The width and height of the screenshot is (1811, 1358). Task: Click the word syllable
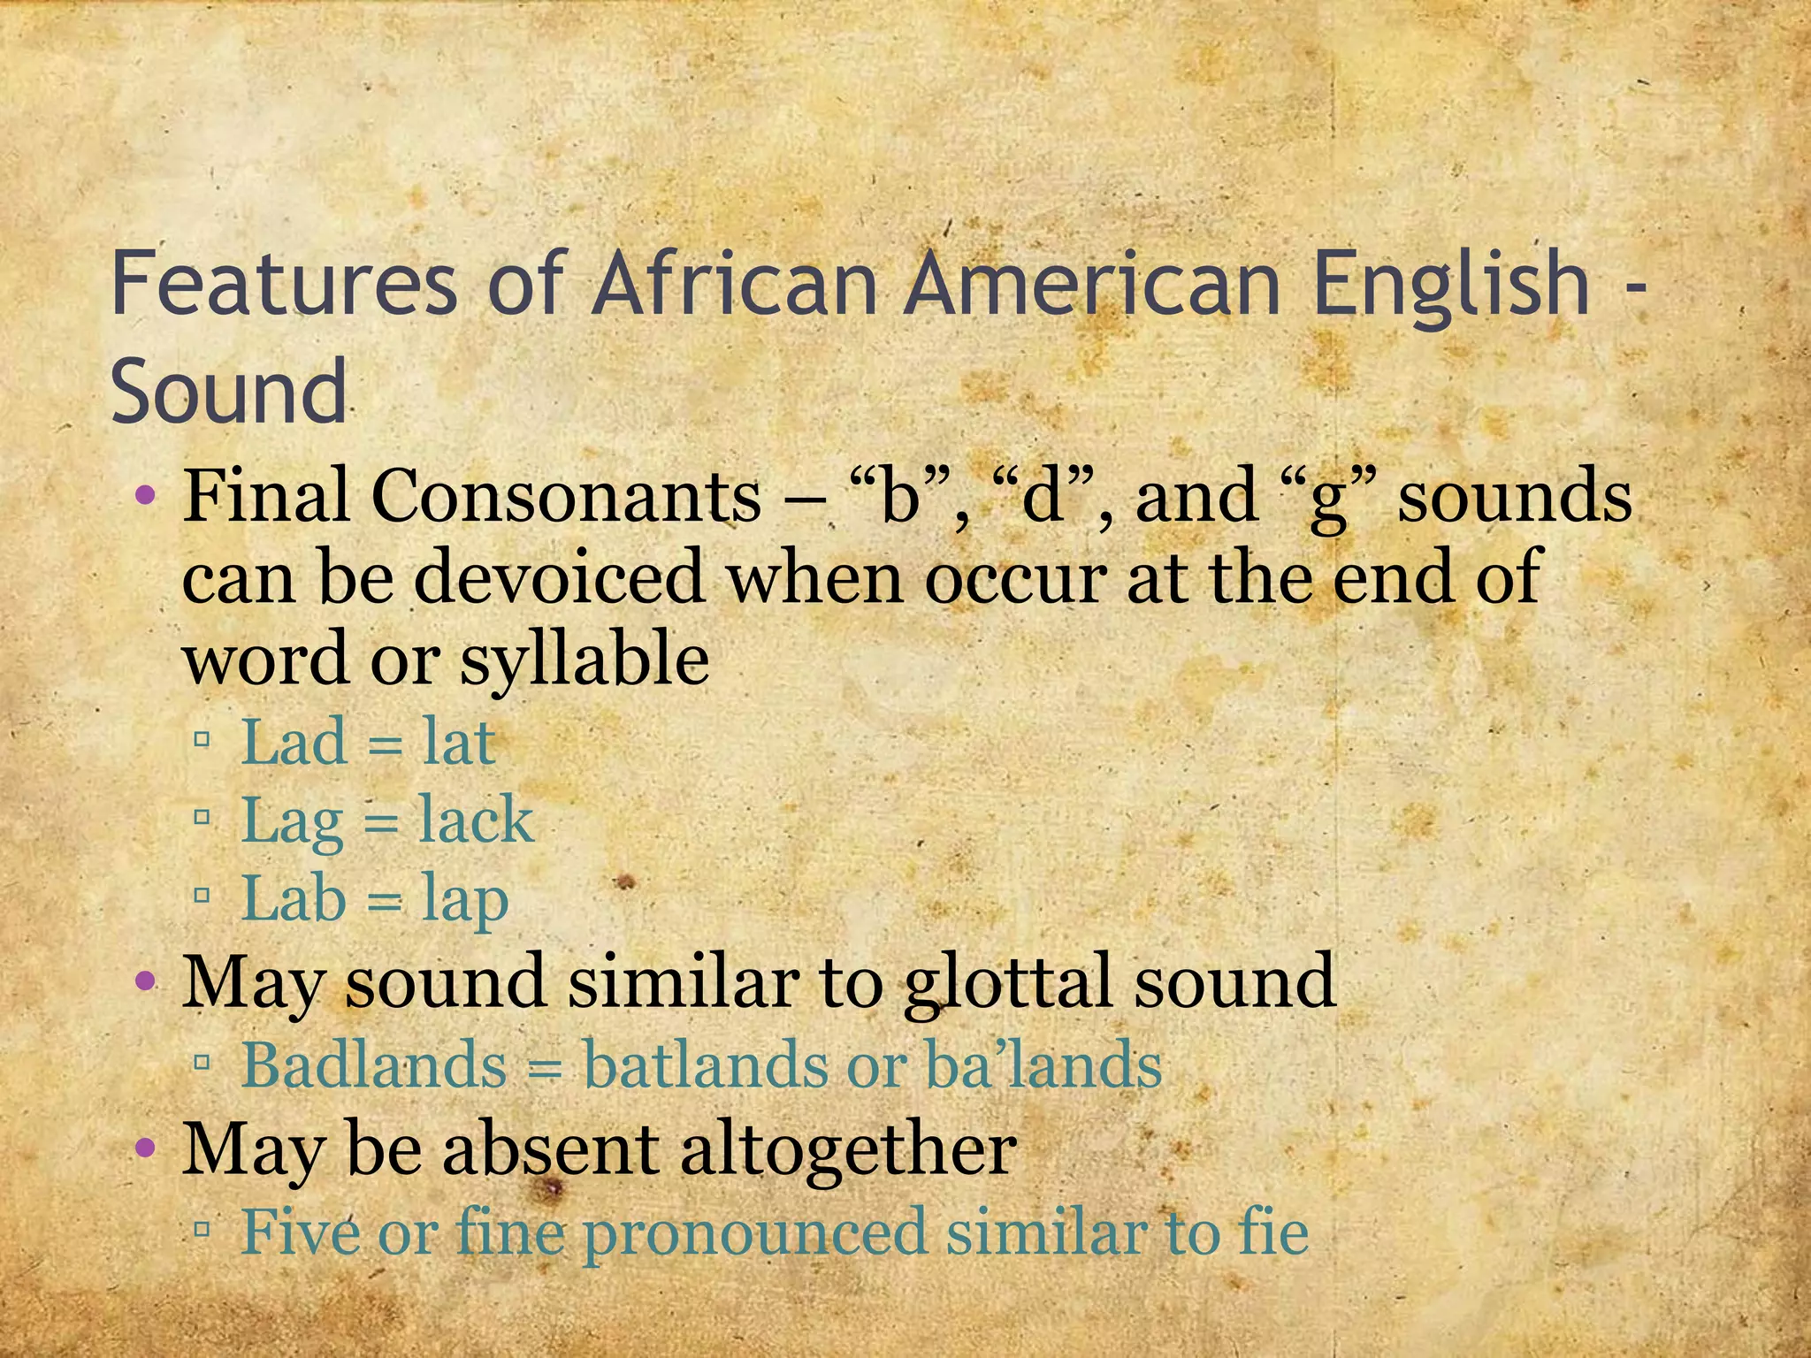(x=584, y=660)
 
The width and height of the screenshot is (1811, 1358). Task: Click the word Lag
(x=292, y=821)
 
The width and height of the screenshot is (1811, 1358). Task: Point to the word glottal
(x=1008, y=982)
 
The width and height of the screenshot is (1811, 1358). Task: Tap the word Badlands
(x=374, y=1064)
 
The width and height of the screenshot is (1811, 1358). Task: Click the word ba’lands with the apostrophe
(x=1043, y=1064)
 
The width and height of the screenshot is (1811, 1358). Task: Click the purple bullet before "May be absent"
(x=146, y=1149)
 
